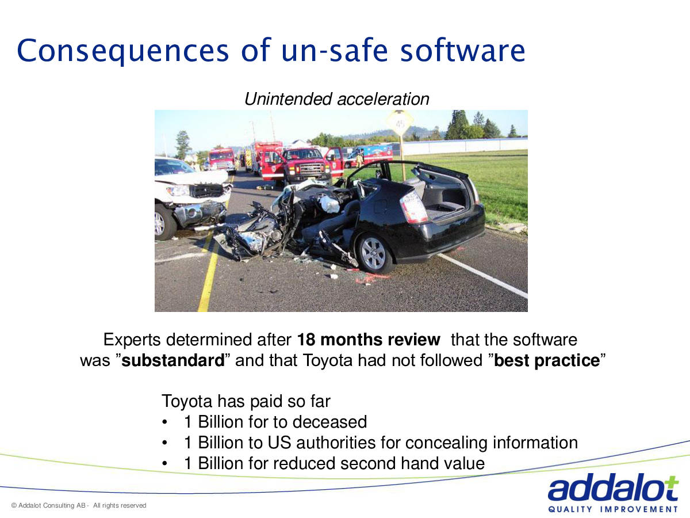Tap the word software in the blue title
463,50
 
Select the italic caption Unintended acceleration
337,99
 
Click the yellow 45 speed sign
400,123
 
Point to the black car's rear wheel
373,253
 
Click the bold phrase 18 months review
369,340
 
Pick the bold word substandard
173,360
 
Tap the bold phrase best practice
547,360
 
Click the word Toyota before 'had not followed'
328,361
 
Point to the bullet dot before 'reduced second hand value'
164,463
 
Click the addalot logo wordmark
613,487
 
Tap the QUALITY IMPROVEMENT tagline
613,509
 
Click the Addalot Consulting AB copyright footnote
79,505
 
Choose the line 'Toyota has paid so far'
246,401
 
